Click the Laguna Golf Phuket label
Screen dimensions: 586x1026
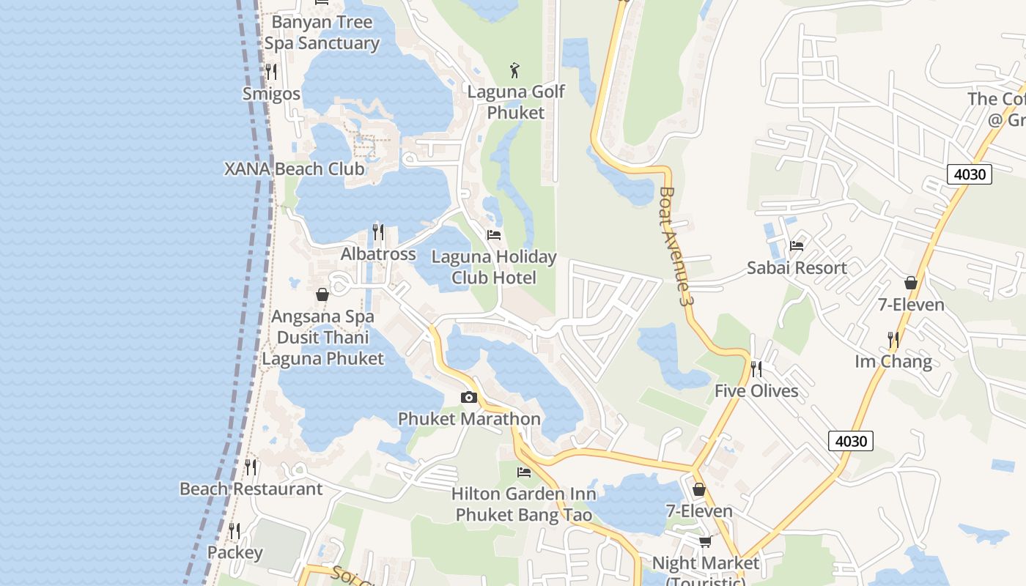coord(516,102)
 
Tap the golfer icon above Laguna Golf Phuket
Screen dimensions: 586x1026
coord(515,70)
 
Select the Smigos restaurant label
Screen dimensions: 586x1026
coord(271,94)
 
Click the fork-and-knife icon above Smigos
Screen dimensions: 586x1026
coord(270,71)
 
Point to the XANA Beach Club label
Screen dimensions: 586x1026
coord(294,168)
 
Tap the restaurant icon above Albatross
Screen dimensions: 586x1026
coord(378,232)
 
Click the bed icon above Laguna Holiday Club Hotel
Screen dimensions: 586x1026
coord(494,235)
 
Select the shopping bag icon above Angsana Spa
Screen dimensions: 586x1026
coord(322,295)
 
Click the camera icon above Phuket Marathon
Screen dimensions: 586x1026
coord(469,398)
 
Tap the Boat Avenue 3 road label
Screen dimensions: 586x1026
coord(676,246)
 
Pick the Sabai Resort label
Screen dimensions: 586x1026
coord(797,268)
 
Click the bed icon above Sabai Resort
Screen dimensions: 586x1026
coord(797,246)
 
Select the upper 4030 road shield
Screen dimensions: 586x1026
coord(970,174)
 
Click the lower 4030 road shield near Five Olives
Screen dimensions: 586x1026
coord(851,441)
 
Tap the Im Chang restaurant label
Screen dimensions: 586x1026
coord(893,362)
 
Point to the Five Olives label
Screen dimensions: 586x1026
coord(756,391)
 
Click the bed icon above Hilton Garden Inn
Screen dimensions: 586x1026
coord(523,472)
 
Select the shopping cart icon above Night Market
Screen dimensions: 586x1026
coord(705,541)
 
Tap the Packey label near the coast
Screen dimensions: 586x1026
coord(235,552)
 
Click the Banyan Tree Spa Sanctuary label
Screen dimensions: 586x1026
coord(322,33)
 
